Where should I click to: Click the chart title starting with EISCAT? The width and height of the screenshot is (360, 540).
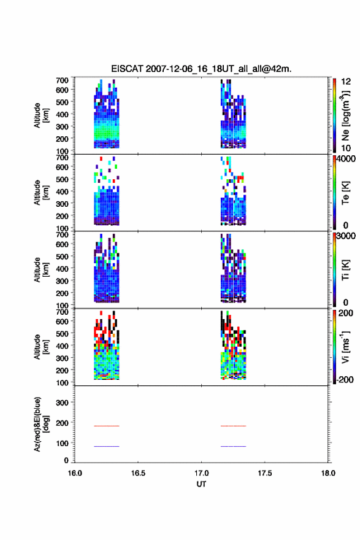(x=201, y=69)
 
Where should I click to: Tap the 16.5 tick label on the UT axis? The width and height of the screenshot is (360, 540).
(x=138, y=473)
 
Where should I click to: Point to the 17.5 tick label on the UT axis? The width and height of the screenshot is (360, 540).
(x=265, y=473)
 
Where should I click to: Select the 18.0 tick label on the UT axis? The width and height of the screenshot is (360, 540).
(x=328, y=473)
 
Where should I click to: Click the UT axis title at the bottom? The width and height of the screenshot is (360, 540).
(x=201, y=484)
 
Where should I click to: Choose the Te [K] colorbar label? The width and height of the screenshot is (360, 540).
(x=345, y=193)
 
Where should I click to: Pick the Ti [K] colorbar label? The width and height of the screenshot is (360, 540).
(x=345, y=270)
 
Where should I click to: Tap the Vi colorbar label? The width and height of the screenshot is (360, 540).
(x=345, y=347)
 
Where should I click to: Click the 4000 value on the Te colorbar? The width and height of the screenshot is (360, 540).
(x=346, y=159)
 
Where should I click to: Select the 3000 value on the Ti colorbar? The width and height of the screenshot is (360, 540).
(x=346, y=236)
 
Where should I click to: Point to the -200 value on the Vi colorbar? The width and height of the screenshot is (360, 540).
(x=345, y=379)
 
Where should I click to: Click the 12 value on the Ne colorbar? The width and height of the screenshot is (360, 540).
(x=346, y=82)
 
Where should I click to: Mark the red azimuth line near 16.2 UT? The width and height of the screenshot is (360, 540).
(x=106, y=426)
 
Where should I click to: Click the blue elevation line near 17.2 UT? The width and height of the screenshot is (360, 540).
(x=233, y=446)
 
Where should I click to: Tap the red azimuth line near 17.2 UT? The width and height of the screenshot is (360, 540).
(x=233, y=426)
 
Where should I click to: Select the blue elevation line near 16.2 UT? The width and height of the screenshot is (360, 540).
(x=106, y=446)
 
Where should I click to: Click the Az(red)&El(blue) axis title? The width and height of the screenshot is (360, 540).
(x=41, y=424)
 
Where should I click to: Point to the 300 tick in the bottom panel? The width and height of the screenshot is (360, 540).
(x=62, y=403)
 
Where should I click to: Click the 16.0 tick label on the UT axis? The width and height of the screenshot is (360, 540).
(x=75, y=473)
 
